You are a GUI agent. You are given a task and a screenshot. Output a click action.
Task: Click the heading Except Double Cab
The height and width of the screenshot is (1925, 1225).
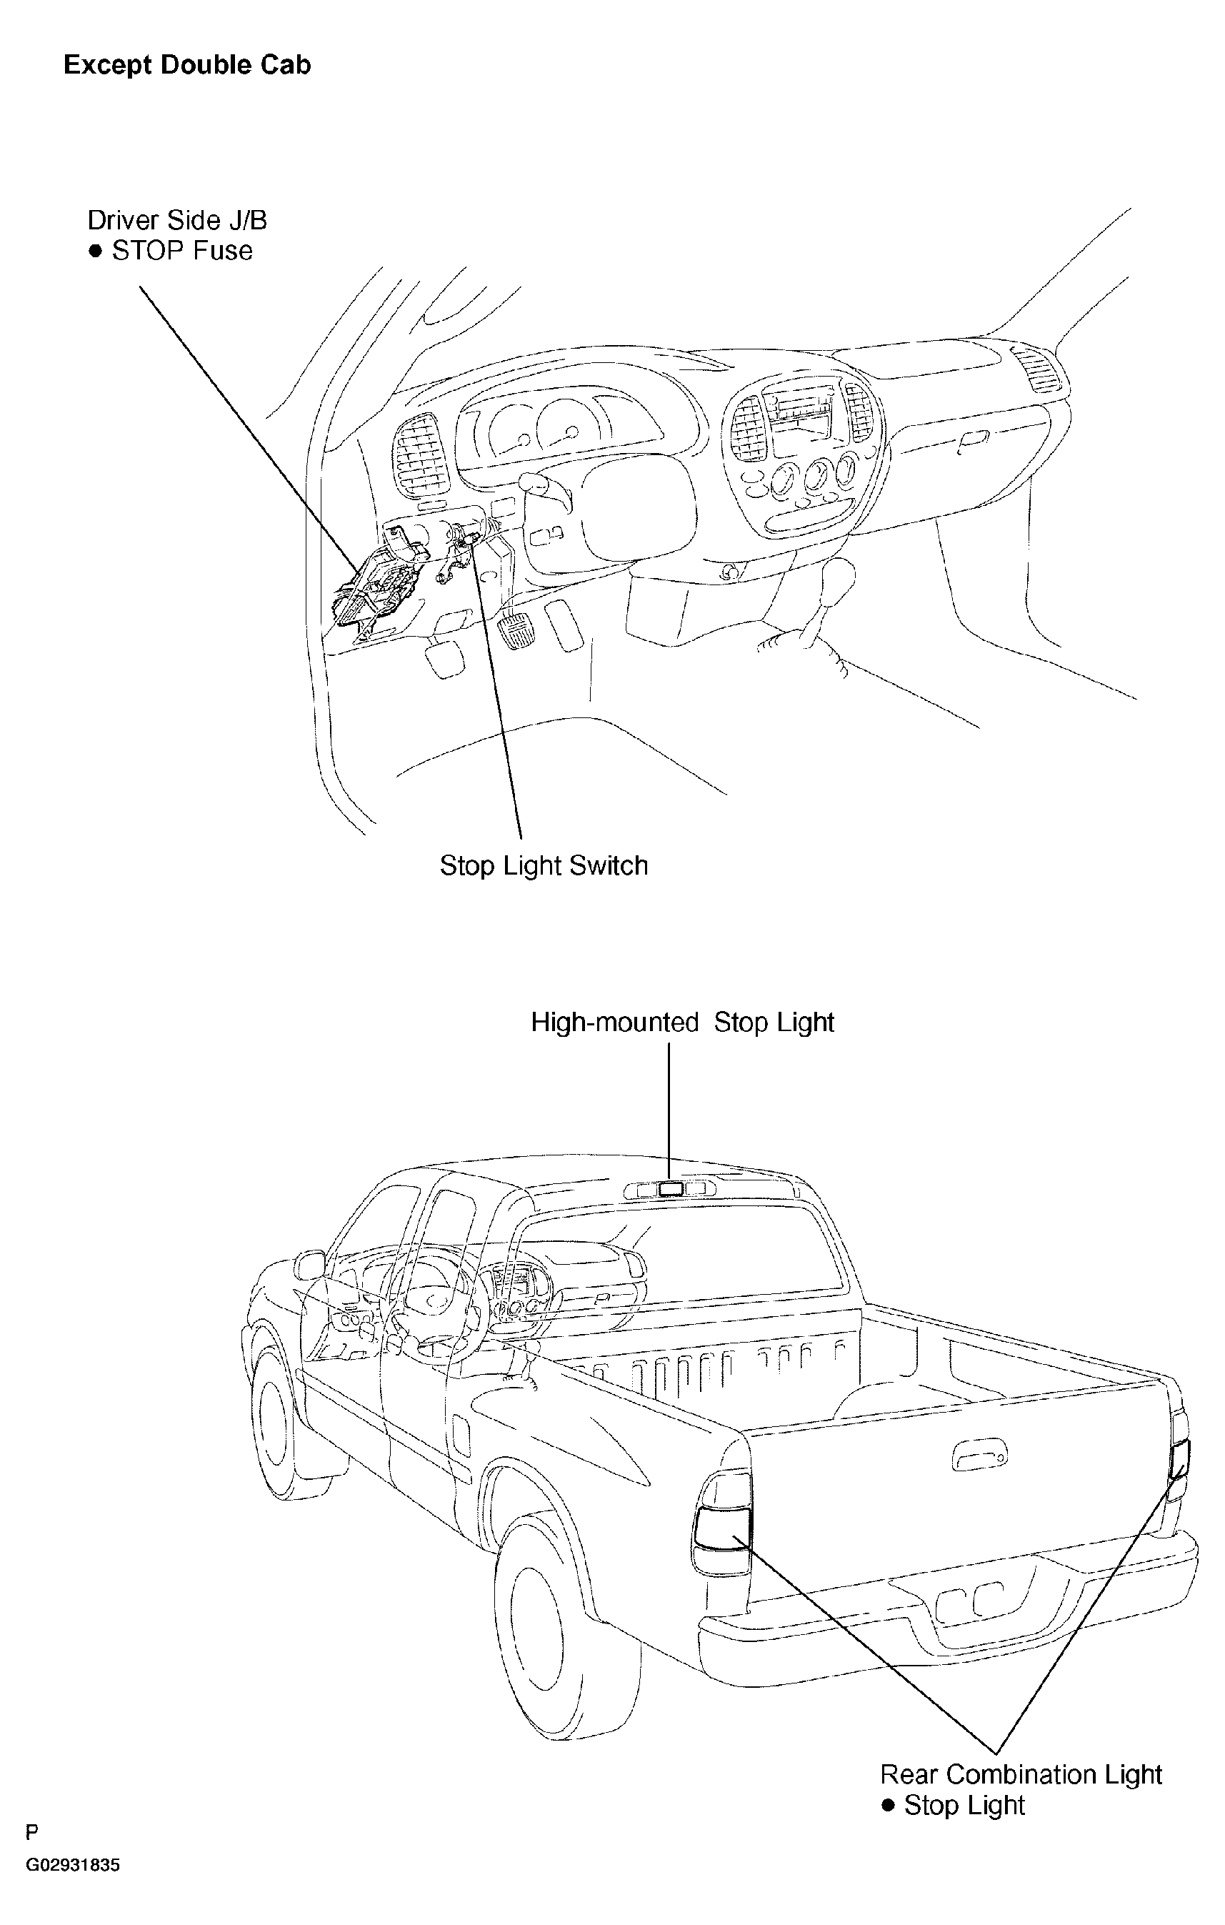[x=187, y=65]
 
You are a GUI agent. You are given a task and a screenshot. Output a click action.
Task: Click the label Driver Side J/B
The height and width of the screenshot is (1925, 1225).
[x=177, y=220]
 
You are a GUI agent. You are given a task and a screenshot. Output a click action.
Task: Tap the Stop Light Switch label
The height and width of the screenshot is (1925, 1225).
[x=544, y=866]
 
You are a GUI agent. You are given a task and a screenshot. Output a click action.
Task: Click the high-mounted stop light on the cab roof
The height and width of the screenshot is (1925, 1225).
[x=671, y=1190]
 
